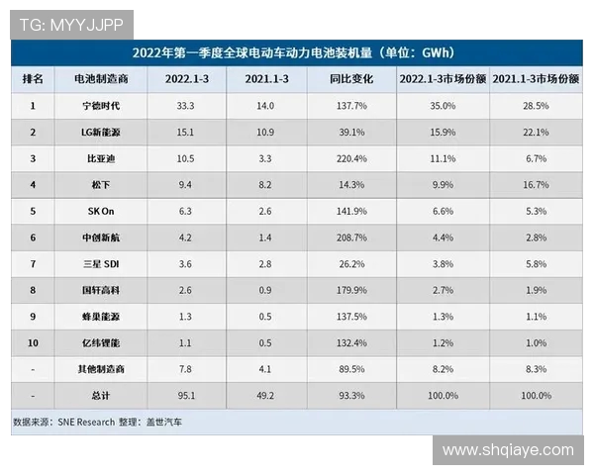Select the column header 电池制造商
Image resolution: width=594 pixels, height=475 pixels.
(x=95, y=79)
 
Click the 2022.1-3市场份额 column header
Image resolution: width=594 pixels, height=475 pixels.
(x=443, y=79)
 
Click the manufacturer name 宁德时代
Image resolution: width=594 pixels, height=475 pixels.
(x=95, y=106)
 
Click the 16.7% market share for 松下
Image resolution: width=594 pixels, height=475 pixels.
(x=535, y=185)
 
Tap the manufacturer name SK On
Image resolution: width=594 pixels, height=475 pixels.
(x=95, y=212)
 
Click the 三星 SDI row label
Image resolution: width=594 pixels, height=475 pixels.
(x=95, y=265)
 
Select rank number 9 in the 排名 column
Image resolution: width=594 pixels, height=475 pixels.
(x=33, y=318)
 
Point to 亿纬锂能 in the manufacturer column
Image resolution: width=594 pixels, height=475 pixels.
(x=95, y=344)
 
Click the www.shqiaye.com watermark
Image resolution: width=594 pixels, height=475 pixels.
(x=507, y=450)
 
